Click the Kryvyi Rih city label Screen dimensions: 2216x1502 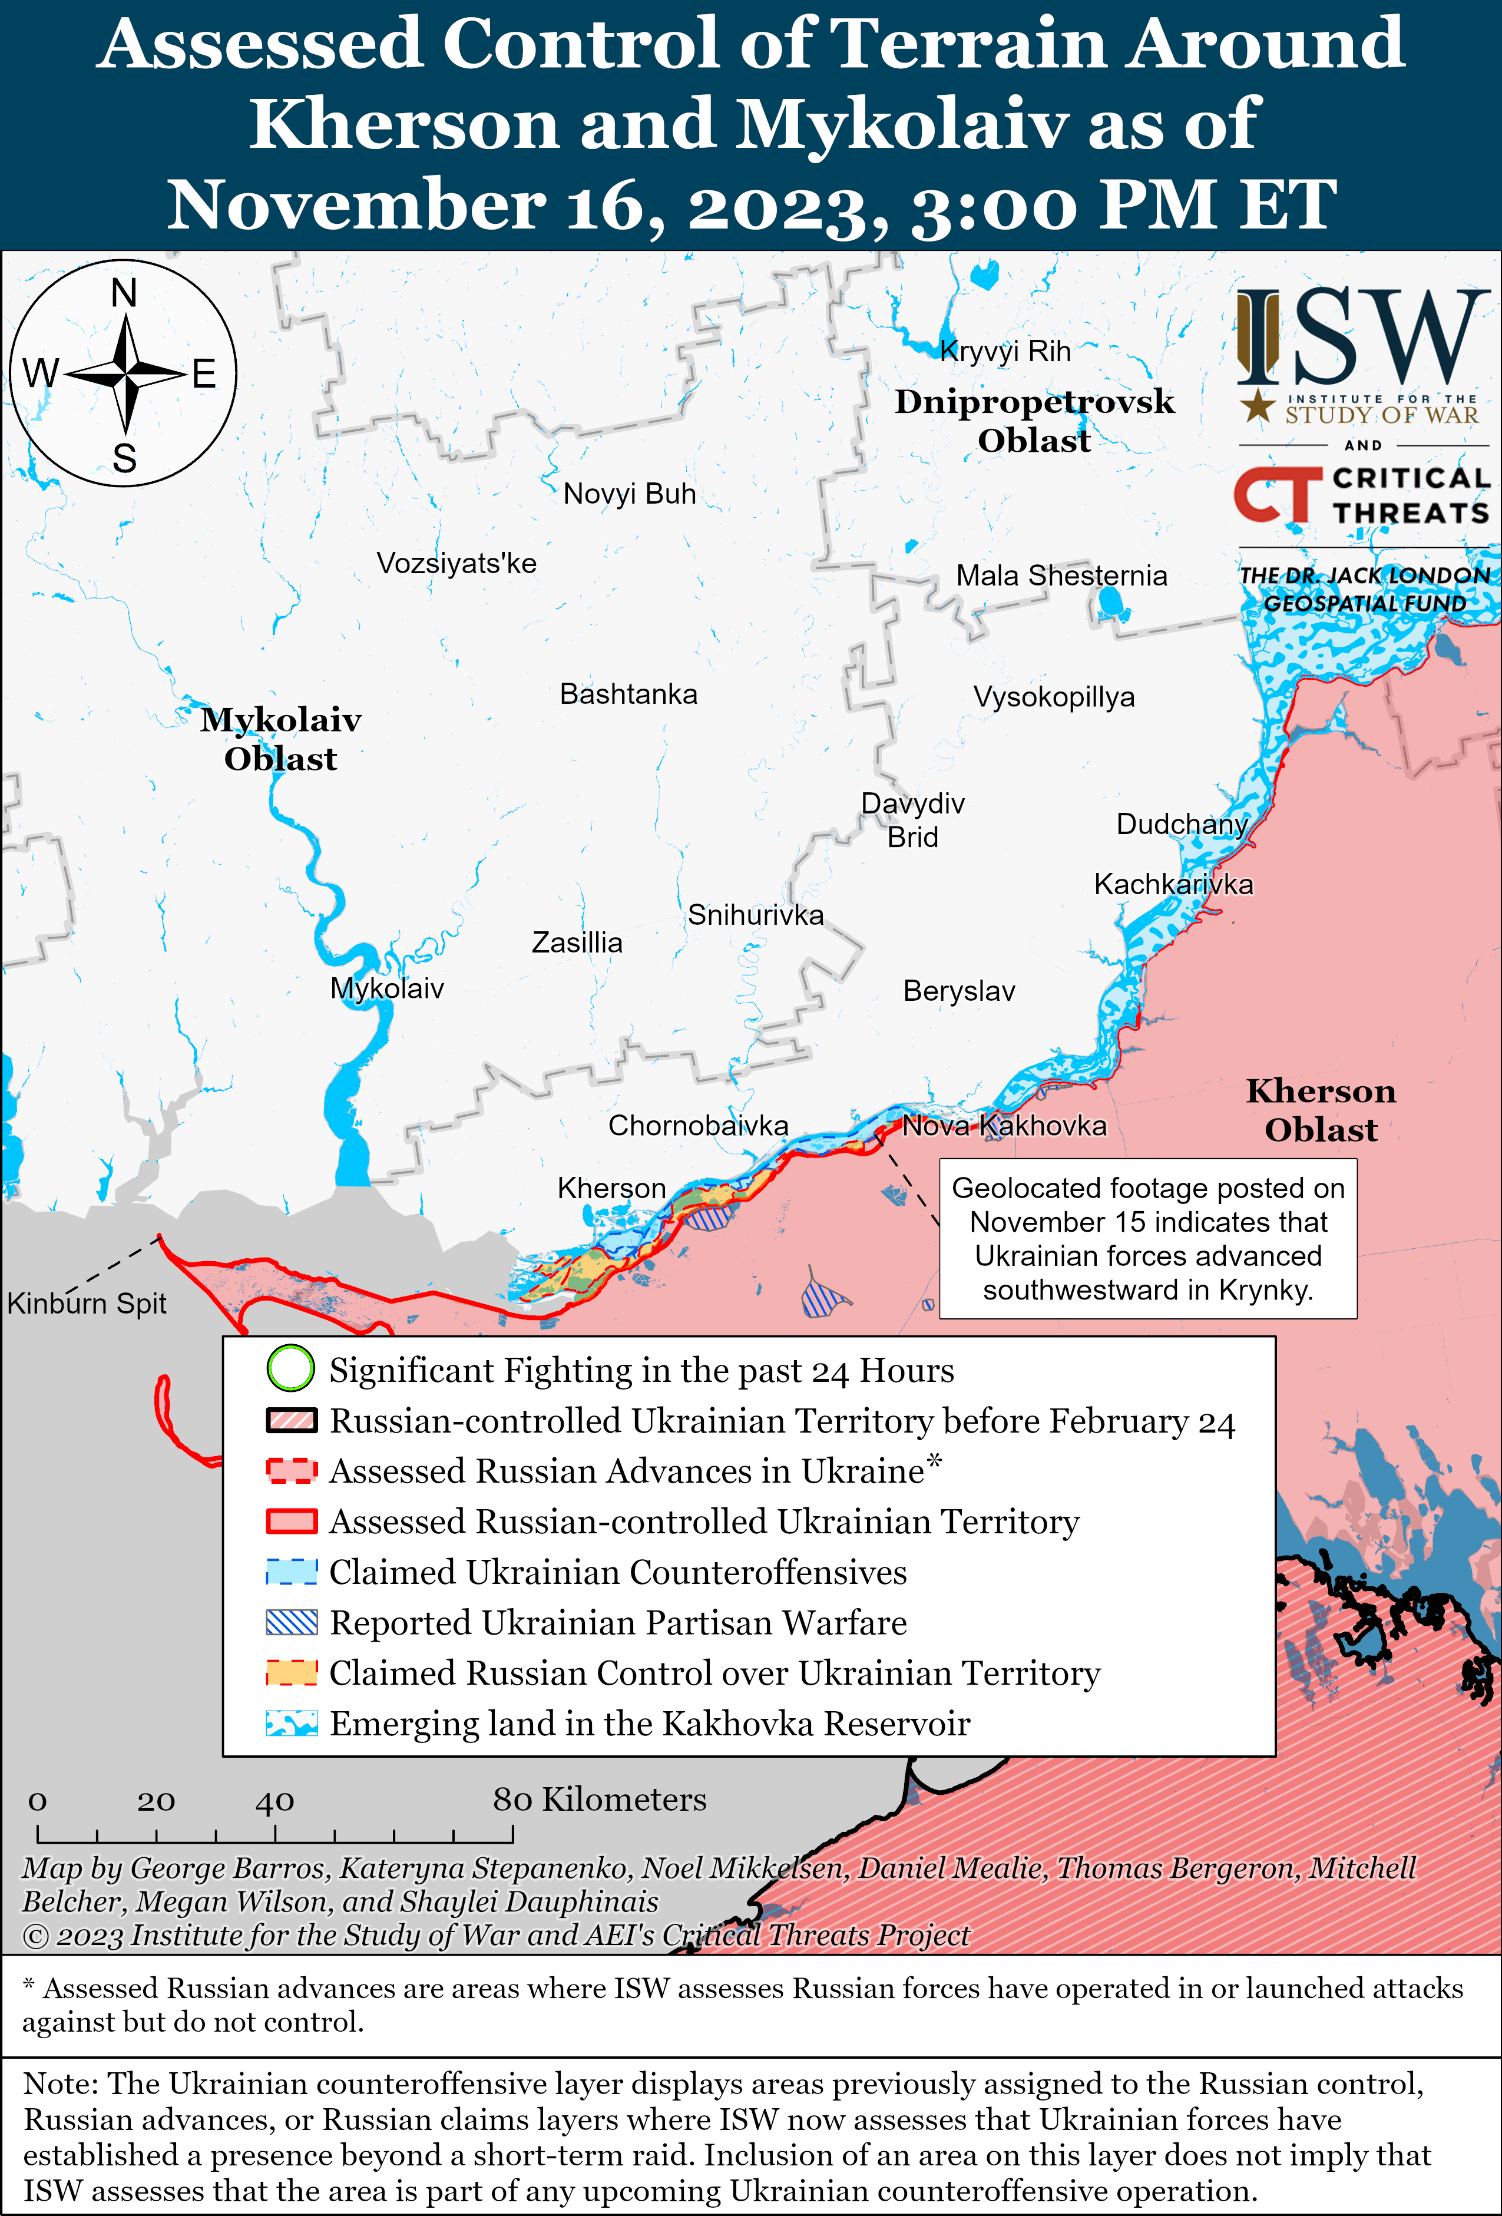[x=1005, y=352]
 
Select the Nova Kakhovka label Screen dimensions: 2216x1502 [x=1004, y=1126]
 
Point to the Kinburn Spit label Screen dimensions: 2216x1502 [x=87, y=1304]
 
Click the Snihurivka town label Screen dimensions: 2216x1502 [x=755, y=915]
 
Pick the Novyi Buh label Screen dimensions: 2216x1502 [x=630, y=494]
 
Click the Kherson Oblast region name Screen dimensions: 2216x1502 [x=1321, y=1110]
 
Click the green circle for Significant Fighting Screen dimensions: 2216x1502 [x=290, y=1368]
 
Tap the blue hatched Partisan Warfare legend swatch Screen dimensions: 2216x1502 [x=291, y=1622]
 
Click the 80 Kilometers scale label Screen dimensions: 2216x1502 [x=599, y=1800]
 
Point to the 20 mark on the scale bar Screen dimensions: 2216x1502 [x=156, y=1801]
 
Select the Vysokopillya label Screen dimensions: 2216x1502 [x=1054, y=697]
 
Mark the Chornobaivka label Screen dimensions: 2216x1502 [x=698, y=1126]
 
